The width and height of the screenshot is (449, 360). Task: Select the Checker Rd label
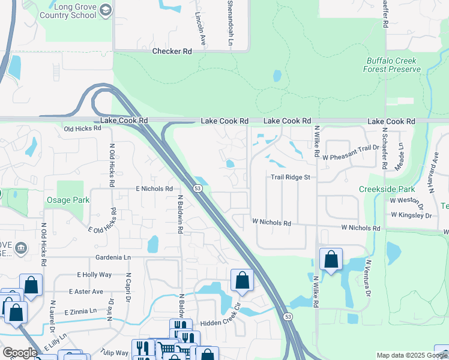pyautogui.click(x=172, y=52)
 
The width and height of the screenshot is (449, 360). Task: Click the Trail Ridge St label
pyautogui.click(x=290, y=178)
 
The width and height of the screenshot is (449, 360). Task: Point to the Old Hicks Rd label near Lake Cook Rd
pyautogui.click(x=82, y=129)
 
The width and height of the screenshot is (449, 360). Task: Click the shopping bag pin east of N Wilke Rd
pyautogui.click(x=331, y=259)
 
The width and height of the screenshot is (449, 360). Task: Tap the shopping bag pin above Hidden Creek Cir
pyautogui.click(x=242, y=280)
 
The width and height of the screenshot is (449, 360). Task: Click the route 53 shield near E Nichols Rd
pyautogui.click(x=197, y=188)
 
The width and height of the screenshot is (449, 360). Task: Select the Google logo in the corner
pyautogui.click(x=19, y=352)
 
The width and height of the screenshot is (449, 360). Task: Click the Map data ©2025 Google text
pyautogui.click(x=412, y=355)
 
